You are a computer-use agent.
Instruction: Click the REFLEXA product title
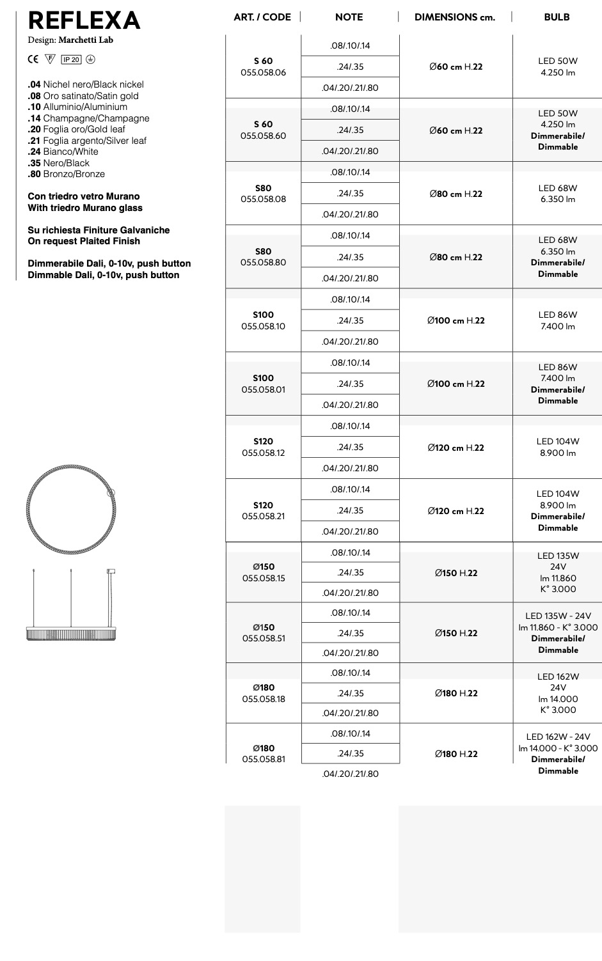84,20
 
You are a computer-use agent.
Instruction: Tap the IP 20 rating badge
71,59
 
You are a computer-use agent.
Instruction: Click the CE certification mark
33,59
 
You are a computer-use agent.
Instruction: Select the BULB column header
557,17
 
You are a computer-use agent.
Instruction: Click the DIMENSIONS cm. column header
455,17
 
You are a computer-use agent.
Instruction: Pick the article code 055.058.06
263,72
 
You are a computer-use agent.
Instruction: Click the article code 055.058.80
263,262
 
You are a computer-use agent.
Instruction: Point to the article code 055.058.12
263,453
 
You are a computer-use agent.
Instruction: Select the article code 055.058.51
263,638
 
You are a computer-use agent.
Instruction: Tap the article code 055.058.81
263,759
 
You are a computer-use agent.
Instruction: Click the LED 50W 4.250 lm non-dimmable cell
557,66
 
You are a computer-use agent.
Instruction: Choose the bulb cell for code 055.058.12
557,447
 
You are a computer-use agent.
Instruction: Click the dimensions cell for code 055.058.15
456,573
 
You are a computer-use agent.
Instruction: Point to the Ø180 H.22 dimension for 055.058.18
456,693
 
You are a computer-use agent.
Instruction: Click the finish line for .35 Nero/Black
59,163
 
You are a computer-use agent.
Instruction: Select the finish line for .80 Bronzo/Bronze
67,174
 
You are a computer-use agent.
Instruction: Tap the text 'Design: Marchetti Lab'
70,40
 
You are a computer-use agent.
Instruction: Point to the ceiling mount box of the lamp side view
111,571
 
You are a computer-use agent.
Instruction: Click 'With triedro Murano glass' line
85,208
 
